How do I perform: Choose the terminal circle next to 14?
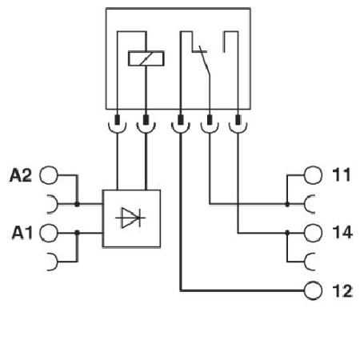click(x=313, y=233)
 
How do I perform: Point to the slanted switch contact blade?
click(x=203, y=68)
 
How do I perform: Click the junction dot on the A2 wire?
click(x=77, y=204)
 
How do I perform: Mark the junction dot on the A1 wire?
click(x=77, y=233)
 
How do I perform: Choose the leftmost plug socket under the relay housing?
click(x=118, y=124)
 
